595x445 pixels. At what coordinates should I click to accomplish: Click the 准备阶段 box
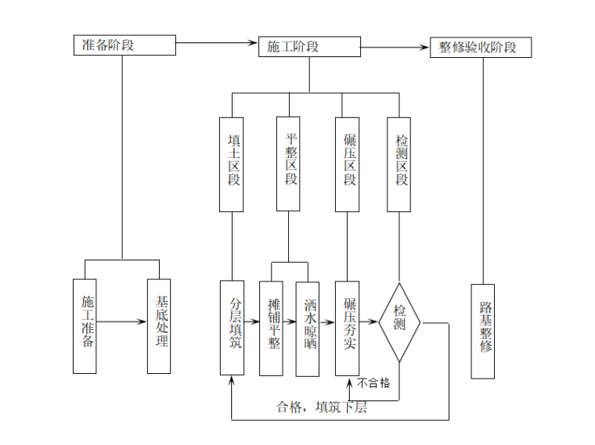click(124, 45)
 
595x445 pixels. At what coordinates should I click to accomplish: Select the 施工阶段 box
click(308, 46)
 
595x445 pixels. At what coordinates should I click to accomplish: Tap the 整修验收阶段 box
click(481, 47)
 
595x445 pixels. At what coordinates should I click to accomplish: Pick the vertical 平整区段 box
click(288, 164)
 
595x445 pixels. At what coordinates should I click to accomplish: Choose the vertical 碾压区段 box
click(347, 164)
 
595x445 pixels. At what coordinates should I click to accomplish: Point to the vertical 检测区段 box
click(399, 164)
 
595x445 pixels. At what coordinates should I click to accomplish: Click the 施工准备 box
click(85, 325)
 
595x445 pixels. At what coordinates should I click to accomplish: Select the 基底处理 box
click(158, 325)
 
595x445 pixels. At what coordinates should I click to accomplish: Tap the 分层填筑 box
click(233, 328)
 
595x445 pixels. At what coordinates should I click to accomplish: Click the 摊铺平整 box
click(271, 329)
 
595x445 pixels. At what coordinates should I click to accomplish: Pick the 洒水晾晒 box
click(308, 329)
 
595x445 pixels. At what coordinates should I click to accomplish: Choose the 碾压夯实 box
click(347, 328)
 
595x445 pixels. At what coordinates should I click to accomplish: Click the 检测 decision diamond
click(400, 322)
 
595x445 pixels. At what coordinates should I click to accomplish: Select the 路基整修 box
click(483, 331)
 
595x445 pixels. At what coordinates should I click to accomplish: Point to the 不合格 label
click(373, 383)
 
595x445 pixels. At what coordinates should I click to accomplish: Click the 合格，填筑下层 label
click(322, 407)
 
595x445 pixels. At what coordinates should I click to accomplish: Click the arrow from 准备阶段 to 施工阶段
click(216, 44)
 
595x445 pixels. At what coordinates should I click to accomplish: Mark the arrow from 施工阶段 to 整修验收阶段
click(395, 47)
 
